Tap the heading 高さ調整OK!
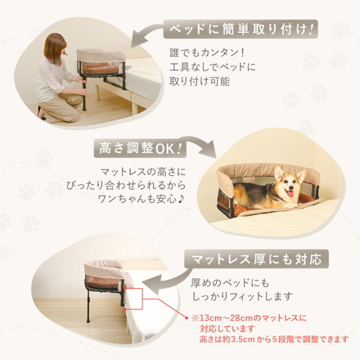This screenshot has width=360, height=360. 140,150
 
